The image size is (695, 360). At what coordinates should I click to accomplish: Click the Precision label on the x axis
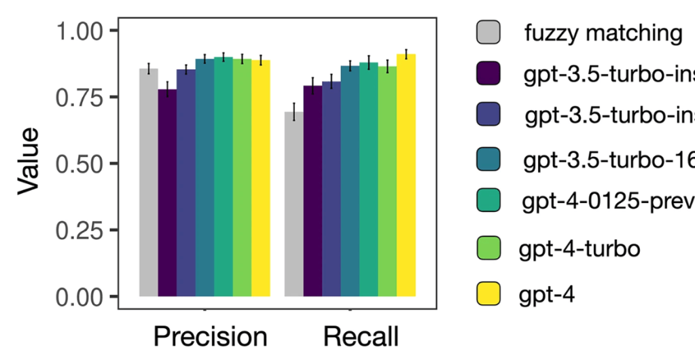210,337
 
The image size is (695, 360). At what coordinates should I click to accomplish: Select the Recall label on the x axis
361,337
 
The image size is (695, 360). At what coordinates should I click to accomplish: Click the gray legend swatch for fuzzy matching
488,32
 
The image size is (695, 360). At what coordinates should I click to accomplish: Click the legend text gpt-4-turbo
578,249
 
